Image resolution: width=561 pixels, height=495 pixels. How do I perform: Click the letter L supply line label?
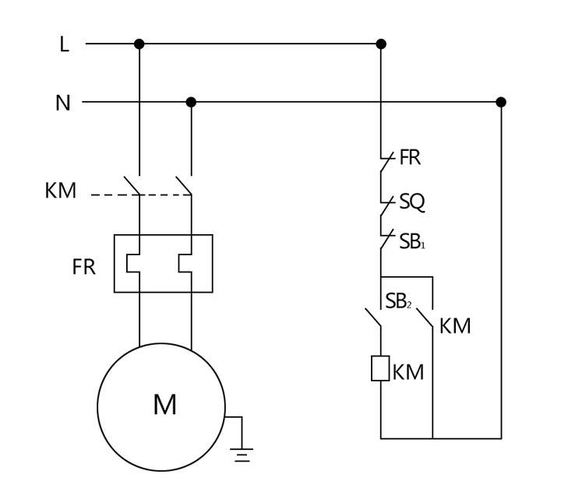click(x=64, y=44)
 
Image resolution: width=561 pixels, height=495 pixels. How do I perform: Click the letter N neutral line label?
click(x=63, y=103)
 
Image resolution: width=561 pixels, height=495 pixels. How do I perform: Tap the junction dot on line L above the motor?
click(x=139, y=44)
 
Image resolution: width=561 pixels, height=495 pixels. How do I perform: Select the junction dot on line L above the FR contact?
click(x=381, y=44)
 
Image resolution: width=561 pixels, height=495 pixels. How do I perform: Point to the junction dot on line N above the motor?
click(x=191, y=102)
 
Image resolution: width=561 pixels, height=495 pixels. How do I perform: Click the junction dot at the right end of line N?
click(x=501, y=102)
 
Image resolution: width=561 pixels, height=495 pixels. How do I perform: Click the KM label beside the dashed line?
click(x=61, y=191)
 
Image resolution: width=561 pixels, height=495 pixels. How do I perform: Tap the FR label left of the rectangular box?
click(x=83, y=267)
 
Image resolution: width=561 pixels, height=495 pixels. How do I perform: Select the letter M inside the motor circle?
click(x=164, y=405)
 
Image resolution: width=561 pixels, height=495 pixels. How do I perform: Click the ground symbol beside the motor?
click(x=243, y=455)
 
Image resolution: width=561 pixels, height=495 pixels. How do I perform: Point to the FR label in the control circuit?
click(x=410, y=158)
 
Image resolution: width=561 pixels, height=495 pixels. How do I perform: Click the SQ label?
click(x=412, y=202)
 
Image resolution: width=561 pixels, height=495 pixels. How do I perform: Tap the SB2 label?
click(x=398, y=301)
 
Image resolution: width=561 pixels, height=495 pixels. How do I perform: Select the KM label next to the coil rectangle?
click(x=408, y=373)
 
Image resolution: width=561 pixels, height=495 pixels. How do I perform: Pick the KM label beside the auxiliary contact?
click(x=455, y=326)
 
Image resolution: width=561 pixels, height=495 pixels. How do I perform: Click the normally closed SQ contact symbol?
click(x=384, y=206)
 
